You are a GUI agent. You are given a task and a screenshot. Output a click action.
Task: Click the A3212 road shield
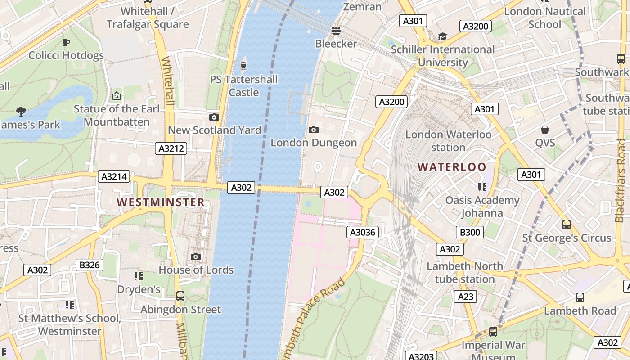171,148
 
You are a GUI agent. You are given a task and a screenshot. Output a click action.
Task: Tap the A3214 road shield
114,176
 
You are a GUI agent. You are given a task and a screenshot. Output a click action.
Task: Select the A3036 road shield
363,232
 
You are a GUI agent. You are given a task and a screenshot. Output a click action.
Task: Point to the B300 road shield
470,232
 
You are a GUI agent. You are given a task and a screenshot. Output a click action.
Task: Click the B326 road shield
89,265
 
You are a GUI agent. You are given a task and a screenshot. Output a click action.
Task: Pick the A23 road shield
466,297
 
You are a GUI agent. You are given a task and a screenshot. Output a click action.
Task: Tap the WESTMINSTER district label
161,202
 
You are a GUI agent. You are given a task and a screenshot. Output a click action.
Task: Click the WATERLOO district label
452,167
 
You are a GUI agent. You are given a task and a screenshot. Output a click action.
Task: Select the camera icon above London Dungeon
314,130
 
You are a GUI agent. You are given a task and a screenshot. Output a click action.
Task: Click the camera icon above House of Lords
196,256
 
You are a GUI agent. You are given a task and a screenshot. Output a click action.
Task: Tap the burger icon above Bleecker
336,31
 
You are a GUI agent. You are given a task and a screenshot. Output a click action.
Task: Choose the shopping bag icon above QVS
545,130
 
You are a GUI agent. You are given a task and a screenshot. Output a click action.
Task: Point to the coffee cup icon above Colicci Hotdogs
66,42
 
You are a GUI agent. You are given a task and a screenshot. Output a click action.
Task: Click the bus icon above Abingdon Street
180,296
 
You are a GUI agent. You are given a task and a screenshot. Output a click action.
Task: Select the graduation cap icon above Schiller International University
443,36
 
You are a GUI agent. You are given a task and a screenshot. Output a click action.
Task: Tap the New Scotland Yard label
214,130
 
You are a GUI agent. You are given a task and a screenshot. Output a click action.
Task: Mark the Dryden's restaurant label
139,289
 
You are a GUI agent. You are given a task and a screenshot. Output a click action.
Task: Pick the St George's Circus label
567,238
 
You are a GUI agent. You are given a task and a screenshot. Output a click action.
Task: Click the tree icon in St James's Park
21,111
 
